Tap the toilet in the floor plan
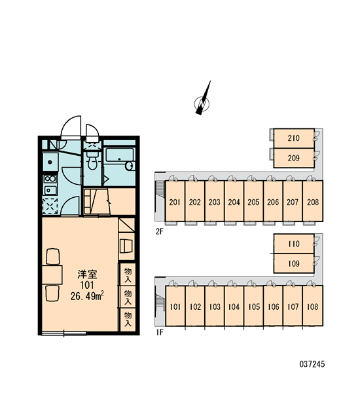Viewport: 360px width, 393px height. pos(92,160)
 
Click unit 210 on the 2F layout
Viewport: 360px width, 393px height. pos(294,138)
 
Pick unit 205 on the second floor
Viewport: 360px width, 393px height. pos(253,201)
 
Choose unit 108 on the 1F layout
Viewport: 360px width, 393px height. pos(313,306)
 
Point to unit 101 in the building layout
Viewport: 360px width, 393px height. pos(175,306)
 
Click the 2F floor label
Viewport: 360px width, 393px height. pos(159,232)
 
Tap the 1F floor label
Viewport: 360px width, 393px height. pos(159,332)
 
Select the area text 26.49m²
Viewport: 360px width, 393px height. pos(87,296)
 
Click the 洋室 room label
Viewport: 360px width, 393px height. pos(87,274)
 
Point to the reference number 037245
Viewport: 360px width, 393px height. pos(312,364)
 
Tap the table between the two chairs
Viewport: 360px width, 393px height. pos(52,274)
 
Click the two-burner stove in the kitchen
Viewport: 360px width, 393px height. pos(50,179)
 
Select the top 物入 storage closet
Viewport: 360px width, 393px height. pos(128,274)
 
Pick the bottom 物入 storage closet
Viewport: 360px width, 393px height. pos(128,319)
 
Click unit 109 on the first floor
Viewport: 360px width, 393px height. pos(294,263)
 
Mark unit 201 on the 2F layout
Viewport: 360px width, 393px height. pos(175,201)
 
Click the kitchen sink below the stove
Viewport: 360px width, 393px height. pos(50,190)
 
